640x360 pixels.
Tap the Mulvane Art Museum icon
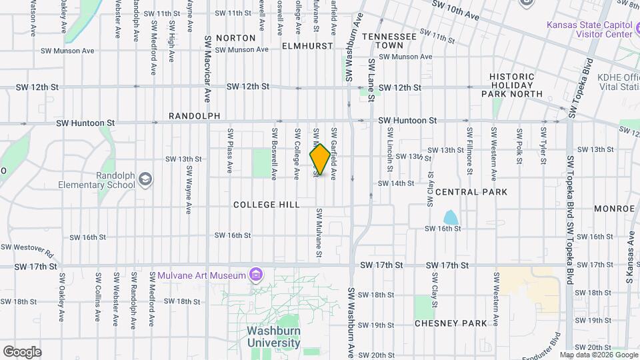click(255, 275)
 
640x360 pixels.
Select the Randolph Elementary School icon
click(145, 179)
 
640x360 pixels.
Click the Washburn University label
click(273, 337)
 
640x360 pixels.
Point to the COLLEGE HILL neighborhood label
click(267, 205)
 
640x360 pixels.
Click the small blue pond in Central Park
click(451, 217)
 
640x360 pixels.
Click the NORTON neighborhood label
click(236, 38)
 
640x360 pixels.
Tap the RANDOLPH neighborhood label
click(194, 116)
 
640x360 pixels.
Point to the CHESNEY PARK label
click(451, 323)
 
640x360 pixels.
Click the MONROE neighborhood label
click(615, 209)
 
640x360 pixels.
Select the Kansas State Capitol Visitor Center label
click(589, 30)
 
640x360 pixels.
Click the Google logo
click(22, 352)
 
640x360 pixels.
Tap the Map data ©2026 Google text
click(598, 355)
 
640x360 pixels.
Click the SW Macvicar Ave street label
click(207, 69)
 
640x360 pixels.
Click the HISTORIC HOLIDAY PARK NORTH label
click(512, 85)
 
